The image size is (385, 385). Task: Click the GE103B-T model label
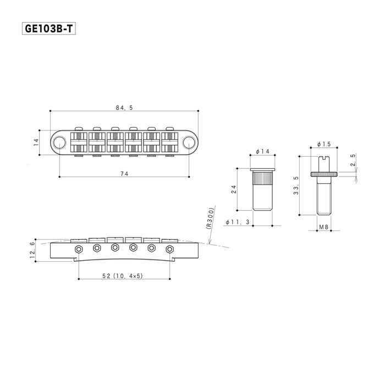pos(48,29)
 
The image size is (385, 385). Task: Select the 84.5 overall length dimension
pos(124,108)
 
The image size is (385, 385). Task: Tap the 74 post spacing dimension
pos(124,174)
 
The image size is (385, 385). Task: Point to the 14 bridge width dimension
pos(36,142)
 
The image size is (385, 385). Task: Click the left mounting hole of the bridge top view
pos(59,142)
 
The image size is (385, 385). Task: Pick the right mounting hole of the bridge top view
pos(189,142)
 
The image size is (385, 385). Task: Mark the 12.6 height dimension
pos(32,250)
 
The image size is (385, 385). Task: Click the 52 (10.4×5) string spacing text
pos(123,276)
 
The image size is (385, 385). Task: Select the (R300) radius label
pos(211,218)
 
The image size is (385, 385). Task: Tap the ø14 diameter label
pos(262,151)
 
